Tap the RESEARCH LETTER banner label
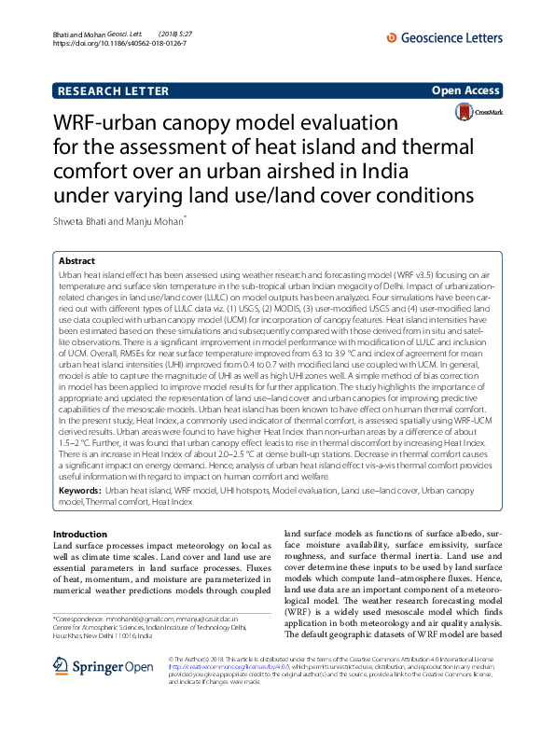(x=113, y=91)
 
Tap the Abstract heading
(x=76, y=262)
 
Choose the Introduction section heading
(x=80, y=533)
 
